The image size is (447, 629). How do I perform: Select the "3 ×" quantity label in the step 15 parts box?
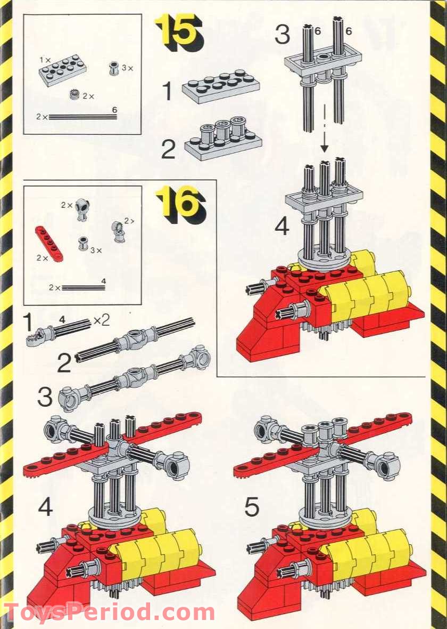tap(128, 68)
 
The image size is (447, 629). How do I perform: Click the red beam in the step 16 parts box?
tap(49, 243)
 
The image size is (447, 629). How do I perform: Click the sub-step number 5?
tap(252, 507)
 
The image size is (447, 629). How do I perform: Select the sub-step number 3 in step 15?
tap(282, 35)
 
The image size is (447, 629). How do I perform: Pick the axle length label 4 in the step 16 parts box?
tap(104, 280)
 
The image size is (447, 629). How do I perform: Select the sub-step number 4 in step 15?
tap(282, 227)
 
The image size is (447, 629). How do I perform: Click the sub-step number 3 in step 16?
tap(45, 397)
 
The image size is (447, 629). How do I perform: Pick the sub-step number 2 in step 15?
tap(168, 149)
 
